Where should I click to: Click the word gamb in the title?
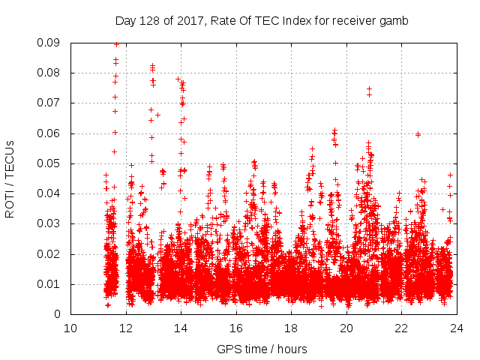394,21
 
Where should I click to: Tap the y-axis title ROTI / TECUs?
10,178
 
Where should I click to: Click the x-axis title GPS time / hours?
262,349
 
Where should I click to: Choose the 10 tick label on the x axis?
70,328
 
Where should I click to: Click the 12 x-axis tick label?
126,328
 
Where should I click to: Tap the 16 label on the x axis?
236,328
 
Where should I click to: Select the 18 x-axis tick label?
291,328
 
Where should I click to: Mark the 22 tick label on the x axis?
401,328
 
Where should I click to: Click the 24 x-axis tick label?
456,328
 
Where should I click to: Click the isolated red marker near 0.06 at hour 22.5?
418,134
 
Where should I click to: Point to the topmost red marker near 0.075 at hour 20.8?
369,88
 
